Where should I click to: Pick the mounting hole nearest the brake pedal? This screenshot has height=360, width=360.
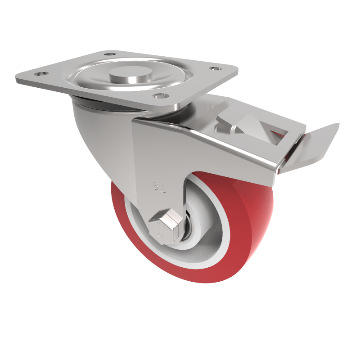pyautogui.click(x=215, y=69)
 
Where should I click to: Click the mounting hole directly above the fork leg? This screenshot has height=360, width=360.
pyautogui.click(x=158, y=95)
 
